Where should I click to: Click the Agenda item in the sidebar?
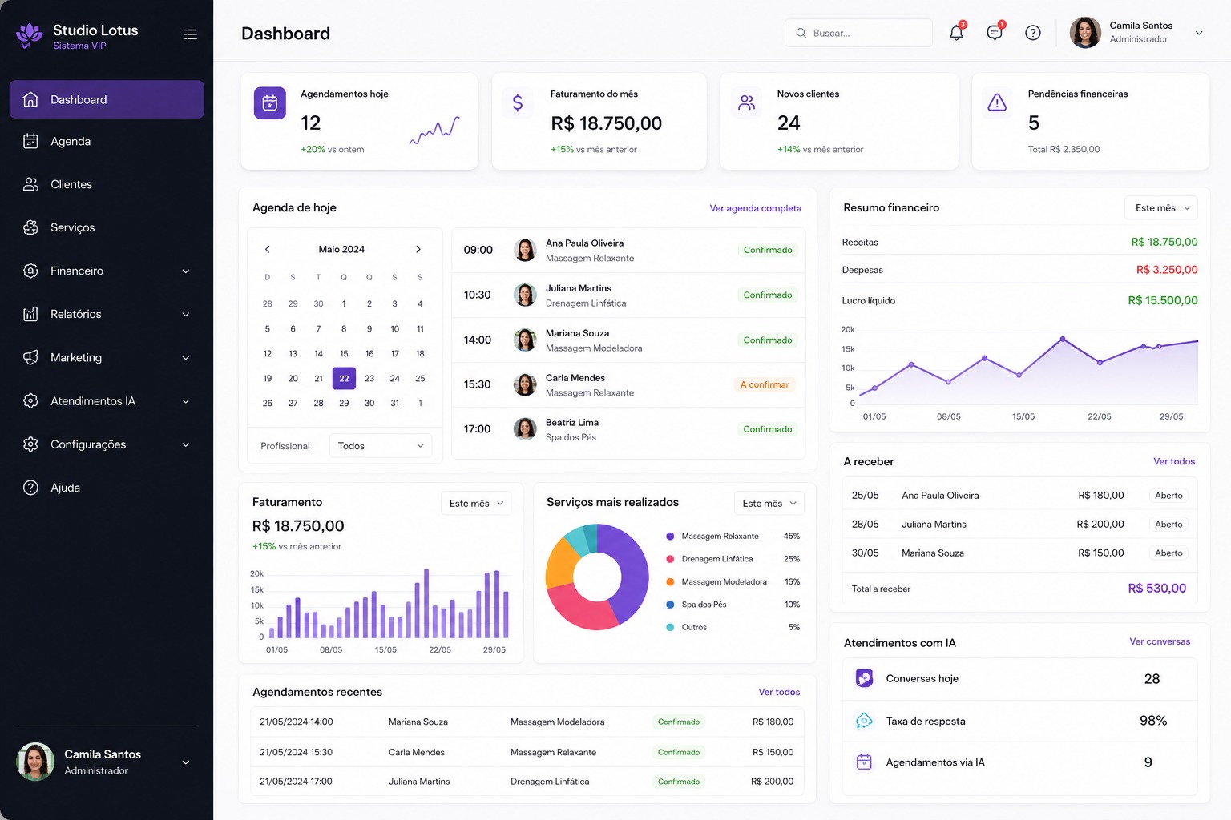pyautogui.click(x=71, y=141)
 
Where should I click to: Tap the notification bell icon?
pyautogui.click(x=956, y=32)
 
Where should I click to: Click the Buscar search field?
pyautogui.click(x=858, y=33)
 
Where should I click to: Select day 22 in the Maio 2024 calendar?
pyautogui.click(x=344, y=379)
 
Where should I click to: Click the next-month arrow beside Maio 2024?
pyautogui.click(x=418, y=249)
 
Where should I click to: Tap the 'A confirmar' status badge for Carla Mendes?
pyautogui.click(x=765, y=384)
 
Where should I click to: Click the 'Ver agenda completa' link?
pyautogui.click(x=755, y=208)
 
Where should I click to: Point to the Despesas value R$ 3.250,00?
pyautogui.click(x=1167, y=270)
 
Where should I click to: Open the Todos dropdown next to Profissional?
pyautogui.click(x=381, y=445)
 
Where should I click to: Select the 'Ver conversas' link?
pyautogui.click(x=1160, y=641)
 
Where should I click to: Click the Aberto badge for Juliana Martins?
pyautogui.click(x=1168, y=524)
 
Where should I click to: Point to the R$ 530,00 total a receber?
pyautogui.click(x=1156, y=589)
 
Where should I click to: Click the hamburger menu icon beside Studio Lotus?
pyautogui.click(x=191, y=34)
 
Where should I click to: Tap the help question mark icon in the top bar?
pyautogui.click(x=1032, y=33)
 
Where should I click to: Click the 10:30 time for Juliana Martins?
pyautogui.click(x=477, y=295)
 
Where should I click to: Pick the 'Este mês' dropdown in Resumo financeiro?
pyautogui.click(x=1161, y=207)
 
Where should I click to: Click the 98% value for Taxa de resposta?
pyautogui.click(x=1153, y=721)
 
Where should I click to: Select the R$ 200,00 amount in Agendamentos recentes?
pyautogui.click(x=772, y=781)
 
